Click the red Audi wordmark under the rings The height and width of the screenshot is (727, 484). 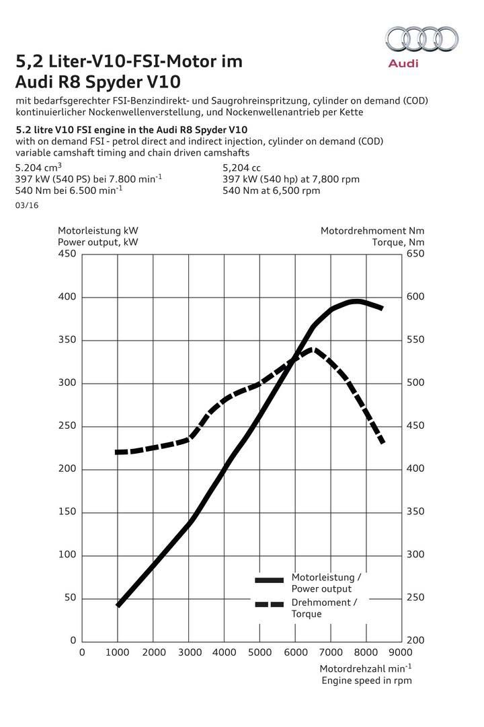tap(403, 63)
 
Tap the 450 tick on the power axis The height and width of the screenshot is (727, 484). tap(68, 254)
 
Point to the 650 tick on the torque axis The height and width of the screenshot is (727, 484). tap(416, 254)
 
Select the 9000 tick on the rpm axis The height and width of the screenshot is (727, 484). tap(402, 652)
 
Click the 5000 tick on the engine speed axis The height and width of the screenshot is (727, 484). tap(259, 652)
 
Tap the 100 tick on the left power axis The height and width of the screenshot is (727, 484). tap(68, 555)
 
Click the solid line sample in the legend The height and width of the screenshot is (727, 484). tap(270, 580)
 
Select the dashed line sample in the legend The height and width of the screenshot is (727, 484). tap(270, 604)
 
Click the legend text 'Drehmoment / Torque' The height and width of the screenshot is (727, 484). tap(324, 608)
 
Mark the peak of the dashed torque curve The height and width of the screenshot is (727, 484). tap(311, 349)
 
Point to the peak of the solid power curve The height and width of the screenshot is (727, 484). tap(357, 301)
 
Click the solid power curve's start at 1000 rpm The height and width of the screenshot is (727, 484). tap(118, 605)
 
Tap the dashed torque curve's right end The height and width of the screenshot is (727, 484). tap(382, 442)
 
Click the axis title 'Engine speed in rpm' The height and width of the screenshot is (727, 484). tap(366, 681)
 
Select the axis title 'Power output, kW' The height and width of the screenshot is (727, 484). tap(98, 242)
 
